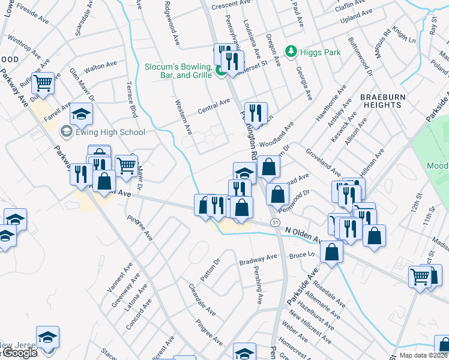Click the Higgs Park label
[x=321, y=52]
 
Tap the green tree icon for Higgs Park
[x=291, y=52]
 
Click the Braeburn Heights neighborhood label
[x=382, y=100]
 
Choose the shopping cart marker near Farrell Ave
[x=43, y=82]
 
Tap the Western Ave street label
[x=183, y=117]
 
